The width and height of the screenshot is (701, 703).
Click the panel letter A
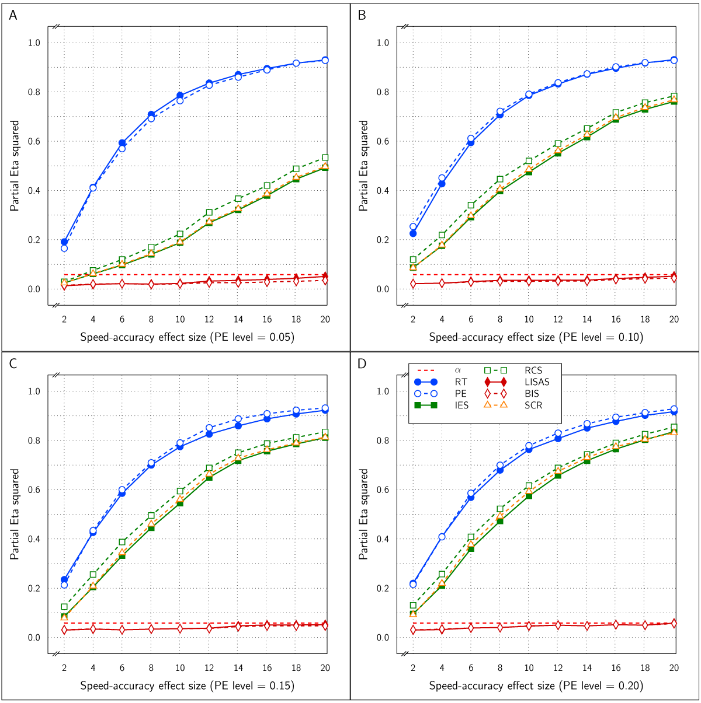[x=13, y=16]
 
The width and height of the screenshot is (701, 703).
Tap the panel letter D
[x=362, y=364]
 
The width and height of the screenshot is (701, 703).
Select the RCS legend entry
[x=533, y=370]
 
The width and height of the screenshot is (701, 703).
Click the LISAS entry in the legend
[x=537, y=382]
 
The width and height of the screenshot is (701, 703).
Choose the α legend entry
[x=457, y=370]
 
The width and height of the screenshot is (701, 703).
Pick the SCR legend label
[x=533, y=405]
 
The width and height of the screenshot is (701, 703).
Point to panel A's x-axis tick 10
[x=180, y=319]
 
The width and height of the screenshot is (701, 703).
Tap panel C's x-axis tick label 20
[x=325, y=668]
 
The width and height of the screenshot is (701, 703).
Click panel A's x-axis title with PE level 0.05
[x=187, y=337]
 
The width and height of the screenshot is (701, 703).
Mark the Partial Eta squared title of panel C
[x=15, y=514]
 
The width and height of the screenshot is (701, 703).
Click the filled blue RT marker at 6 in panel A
[x=122, y=143]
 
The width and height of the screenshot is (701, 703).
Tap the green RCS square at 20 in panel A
[x=325, y=158]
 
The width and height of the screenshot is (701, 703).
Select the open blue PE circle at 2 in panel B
[x=413, y=227]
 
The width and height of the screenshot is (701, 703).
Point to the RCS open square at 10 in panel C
[x=180, y=491]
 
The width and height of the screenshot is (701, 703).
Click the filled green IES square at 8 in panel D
[x=500, y=520]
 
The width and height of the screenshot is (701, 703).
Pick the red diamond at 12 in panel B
[x=558, y=281]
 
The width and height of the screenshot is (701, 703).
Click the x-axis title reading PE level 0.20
[x=536, y=686]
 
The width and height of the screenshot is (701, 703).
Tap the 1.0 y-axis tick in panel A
[x=34, y=43]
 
